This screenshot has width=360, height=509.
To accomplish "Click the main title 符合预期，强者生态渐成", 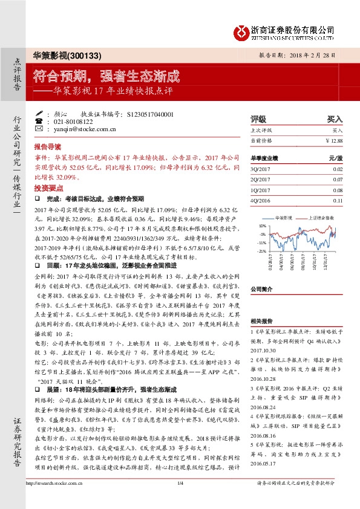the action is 106,77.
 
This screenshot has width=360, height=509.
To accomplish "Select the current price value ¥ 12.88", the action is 334,140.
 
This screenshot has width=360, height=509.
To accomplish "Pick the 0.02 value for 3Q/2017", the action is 338,170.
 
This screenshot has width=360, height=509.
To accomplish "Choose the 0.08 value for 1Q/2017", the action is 338,190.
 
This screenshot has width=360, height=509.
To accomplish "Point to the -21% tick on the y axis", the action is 261,250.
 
